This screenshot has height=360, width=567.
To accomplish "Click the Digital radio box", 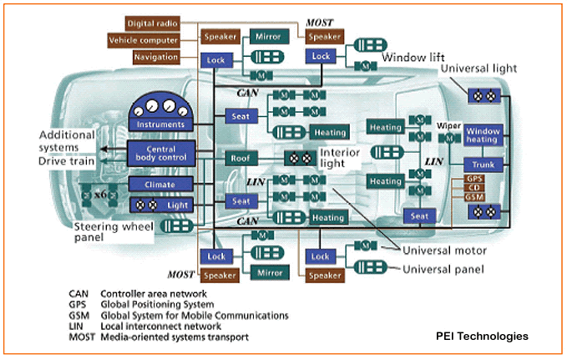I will pos(152,23).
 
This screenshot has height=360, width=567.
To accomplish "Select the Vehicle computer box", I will pos(143,40).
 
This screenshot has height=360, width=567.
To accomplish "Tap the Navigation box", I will pos(155,57).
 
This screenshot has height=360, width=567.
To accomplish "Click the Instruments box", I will pos(162,124).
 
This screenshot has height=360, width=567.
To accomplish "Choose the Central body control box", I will pos(162,152).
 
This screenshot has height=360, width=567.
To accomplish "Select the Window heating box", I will pos(483,134).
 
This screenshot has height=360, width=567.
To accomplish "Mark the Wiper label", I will pos(448,124).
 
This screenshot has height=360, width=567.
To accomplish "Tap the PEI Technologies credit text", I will pos(482,336).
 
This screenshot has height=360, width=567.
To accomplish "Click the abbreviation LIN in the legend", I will pos(78,327).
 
